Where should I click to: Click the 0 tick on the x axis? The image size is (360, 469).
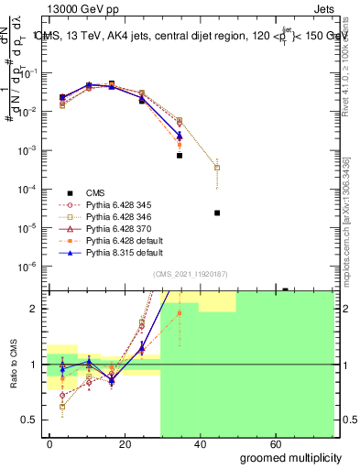click(50, 442)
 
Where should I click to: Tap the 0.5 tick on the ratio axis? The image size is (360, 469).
click(32, 420)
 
